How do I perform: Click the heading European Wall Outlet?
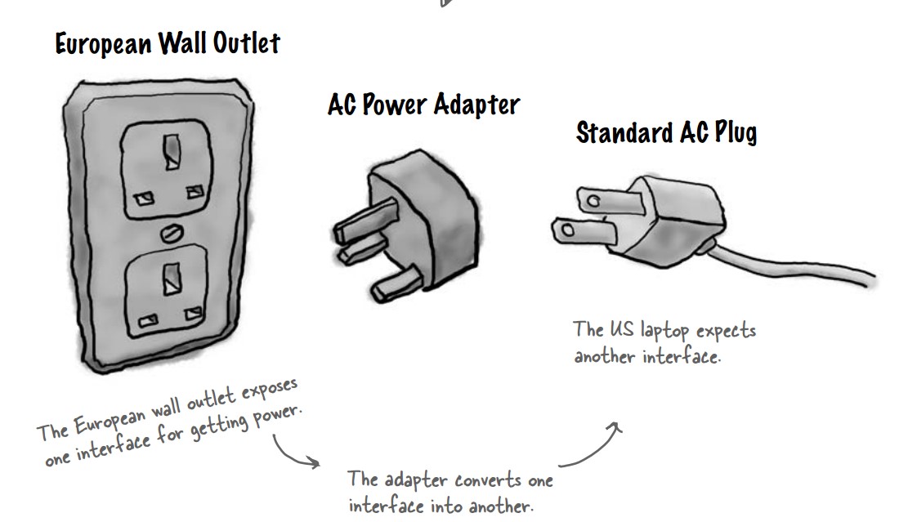(x=168, y=43)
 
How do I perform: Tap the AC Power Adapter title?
(x=424, y=105)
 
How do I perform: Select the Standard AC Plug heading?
(x=667, y=132)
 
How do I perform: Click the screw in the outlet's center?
(x=172, y=233)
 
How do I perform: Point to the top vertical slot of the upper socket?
(x=172, y=152)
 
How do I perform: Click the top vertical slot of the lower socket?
(x=172, y=279)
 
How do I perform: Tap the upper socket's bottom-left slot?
(x=144, y=199)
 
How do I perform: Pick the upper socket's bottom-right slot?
(x=195, y=191)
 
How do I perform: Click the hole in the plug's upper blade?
(x=593, y=202)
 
